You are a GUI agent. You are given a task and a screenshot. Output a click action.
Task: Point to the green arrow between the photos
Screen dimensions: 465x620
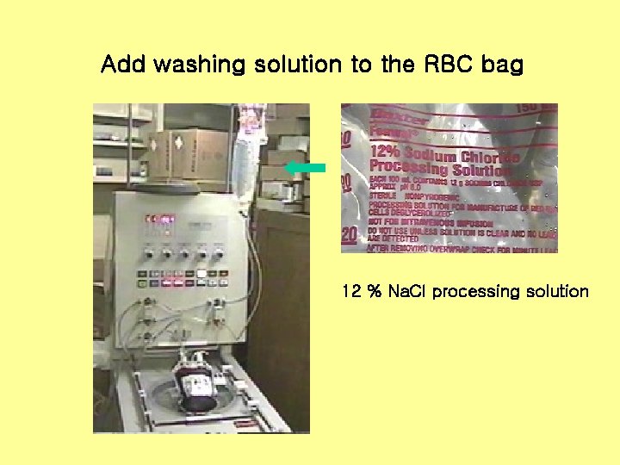pyautogui.click(x=305, y=167)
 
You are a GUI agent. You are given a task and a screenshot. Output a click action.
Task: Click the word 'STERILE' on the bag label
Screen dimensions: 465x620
pyautogui.click(x=384, y=196)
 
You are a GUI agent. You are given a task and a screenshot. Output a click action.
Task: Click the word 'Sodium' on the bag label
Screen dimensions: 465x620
pyautogui.click(x=436, y=154)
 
